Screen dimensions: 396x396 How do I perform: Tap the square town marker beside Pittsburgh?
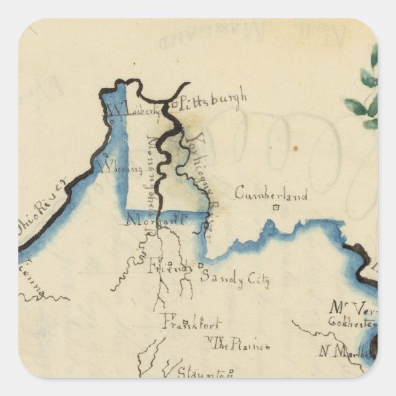(174, 104)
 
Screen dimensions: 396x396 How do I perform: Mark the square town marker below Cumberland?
(276, 208)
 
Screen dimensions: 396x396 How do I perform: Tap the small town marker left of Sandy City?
(200, 266)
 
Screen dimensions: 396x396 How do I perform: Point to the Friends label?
(168, 267)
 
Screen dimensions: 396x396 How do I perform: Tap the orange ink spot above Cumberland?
(295, 148)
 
